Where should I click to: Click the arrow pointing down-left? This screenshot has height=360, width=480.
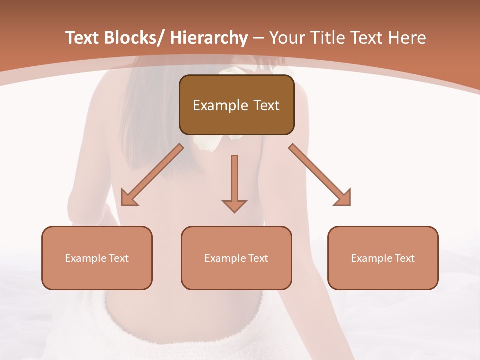point(152,175)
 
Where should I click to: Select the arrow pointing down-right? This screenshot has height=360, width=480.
point(320,175)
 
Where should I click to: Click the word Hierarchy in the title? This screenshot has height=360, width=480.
point(209,38)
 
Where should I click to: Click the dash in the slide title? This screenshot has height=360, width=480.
point(258,38)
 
